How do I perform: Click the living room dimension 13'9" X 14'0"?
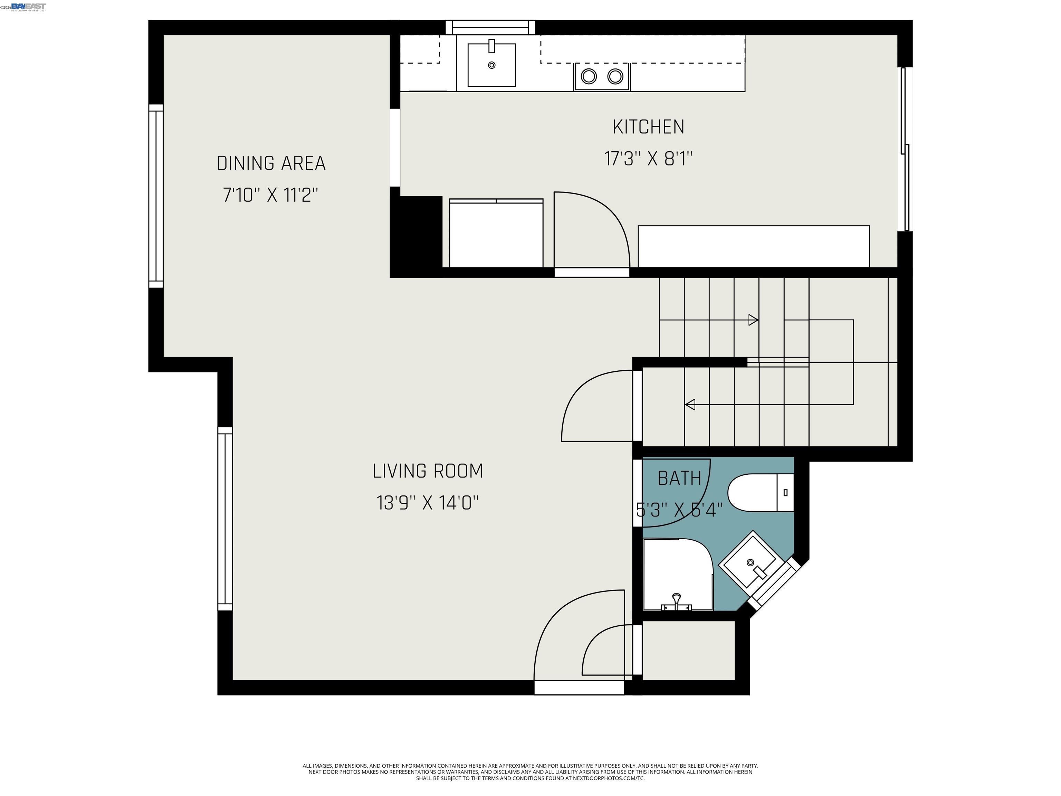427,503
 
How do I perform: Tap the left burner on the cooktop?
589,76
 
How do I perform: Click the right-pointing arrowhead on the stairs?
753,320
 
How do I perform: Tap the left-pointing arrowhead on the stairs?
690,405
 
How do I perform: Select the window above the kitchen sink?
490,27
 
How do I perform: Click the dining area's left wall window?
156,196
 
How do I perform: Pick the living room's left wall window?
225,519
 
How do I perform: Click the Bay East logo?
28,6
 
